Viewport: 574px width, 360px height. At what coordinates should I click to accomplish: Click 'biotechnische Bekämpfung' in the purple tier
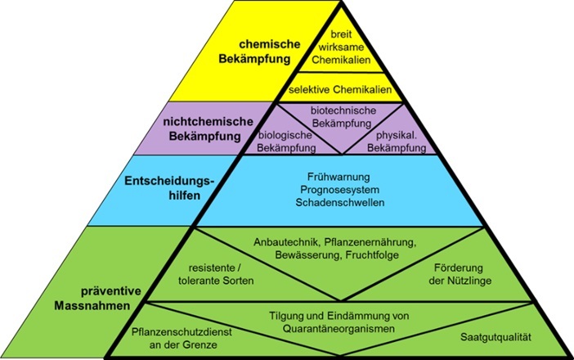(343, 115)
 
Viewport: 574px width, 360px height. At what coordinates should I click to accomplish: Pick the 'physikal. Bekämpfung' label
(401, 141)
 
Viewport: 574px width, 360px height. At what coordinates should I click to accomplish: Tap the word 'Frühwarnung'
(343, 174)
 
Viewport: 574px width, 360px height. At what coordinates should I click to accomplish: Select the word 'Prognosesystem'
(343, 188)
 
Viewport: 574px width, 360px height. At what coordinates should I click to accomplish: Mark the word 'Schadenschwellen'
(343, 202)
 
